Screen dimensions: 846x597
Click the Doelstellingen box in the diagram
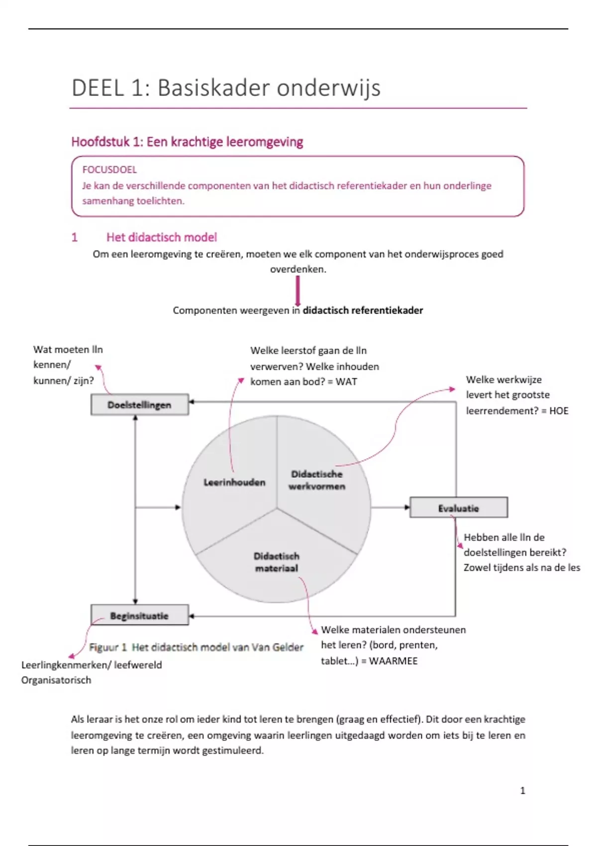pos(139,405)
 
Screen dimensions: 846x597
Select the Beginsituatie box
pos(139,616)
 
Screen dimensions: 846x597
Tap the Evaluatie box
pos(458,508)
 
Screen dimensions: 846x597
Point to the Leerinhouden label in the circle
pos(234,482)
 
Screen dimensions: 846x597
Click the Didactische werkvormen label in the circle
pos(317,480)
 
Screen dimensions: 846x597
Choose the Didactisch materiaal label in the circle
pos(277,562)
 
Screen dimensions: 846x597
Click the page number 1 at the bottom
pos(522,790)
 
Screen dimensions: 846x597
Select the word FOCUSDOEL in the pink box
pos(109,170)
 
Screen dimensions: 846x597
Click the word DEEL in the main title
pos(98,88)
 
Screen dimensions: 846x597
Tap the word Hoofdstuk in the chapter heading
pos(100,142)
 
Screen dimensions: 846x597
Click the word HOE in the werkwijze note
pos(558,411)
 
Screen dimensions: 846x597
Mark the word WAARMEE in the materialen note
pos(393,661)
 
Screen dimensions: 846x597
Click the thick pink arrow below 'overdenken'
pos(298,291)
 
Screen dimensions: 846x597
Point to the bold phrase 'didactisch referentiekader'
pos(363,310)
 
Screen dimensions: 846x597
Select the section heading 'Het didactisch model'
pos(162,237)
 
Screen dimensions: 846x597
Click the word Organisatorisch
pos(56,680)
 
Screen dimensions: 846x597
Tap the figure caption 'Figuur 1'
pos(107,647)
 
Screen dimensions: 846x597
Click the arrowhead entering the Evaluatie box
pos(406,508)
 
